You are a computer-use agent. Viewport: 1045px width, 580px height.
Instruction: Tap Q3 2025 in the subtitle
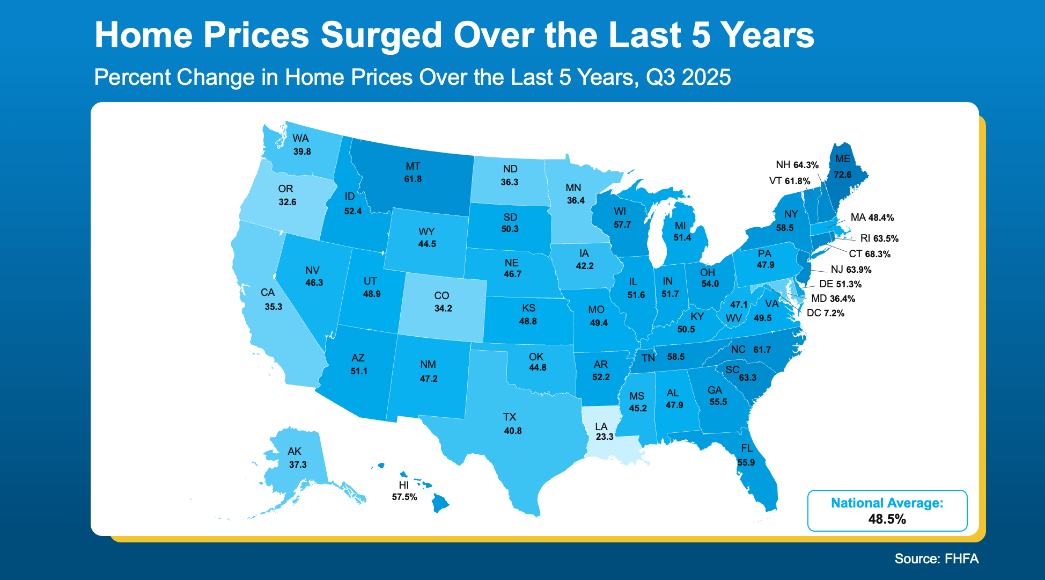688,77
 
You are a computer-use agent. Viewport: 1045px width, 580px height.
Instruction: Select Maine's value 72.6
842,175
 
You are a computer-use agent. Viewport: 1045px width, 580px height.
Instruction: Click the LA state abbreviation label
601,426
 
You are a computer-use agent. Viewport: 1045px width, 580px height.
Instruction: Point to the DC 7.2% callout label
825,313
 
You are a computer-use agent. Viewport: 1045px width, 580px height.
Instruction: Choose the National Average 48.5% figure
887,519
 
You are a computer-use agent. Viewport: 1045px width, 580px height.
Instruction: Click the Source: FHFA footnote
936,559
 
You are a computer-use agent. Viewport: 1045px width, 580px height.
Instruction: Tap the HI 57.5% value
404,497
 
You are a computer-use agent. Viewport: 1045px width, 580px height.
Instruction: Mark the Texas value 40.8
512,431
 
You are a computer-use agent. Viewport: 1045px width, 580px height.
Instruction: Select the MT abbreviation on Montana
413,166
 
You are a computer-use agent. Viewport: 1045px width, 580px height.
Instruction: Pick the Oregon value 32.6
287,202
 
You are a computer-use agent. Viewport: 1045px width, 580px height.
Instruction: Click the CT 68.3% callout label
869,254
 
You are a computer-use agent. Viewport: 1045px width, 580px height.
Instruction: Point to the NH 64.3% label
797,165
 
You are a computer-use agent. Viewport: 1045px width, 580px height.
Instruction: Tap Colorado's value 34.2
443,308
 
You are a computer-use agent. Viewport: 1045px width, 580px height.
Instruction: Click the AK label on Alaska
294,451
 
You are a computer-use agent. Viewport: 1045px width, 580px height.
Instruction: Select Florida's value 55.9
746,462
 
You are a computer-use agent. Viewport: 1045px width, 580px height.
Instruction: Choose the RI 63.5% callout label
879,238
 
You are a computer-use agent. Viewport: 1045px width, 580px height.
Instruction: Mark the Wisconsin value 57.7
622,224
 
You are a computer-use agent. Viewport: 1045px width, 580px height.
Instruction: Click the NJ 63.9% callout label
851,270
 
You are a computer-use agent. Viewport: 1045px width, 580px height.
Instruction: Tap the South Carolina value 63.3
747,378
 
